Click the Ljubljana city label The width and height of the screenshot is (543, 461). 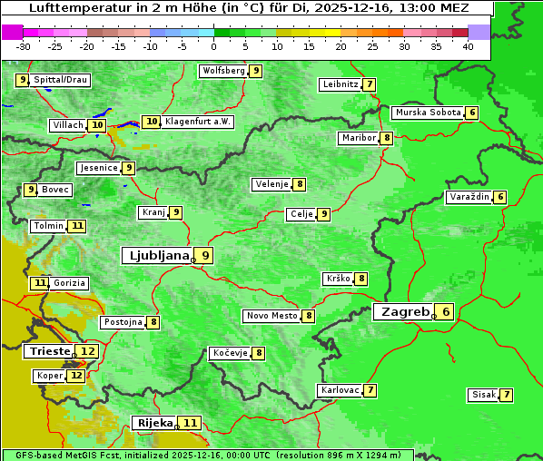click(156, 256)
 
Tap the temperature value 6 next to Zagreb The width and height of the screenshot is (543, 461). click(446, 312)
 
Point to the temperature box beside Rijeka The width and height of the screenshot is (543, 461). click(190, 423)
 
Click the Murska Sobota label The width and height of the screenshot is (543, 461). click(427, 113)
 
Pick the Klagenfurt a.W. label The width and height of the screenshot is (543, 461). click(198, 122)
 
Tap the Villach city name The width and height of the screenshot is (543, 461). click(67, 125)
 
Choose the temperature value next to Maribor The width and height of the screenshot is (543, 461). click(387, 138)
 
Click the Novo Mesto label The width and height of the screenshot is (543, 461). click(271, 316)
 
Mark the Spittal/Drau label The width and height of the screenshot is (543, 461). click(61, 80)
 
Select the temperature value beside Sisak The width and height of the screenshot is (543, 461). click(506, 395)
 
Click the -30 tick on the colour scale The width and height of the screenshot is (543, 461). click(24, 46)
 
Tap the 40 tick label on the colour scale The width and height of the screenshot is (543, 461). click(468, 46)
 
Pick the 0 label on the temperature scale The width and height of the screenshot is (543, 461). click(214, 46)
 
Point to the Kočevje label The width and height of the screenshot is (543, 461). click(229, 353)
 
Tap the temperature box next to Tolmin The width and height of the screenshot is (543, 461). click(78, 226)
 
